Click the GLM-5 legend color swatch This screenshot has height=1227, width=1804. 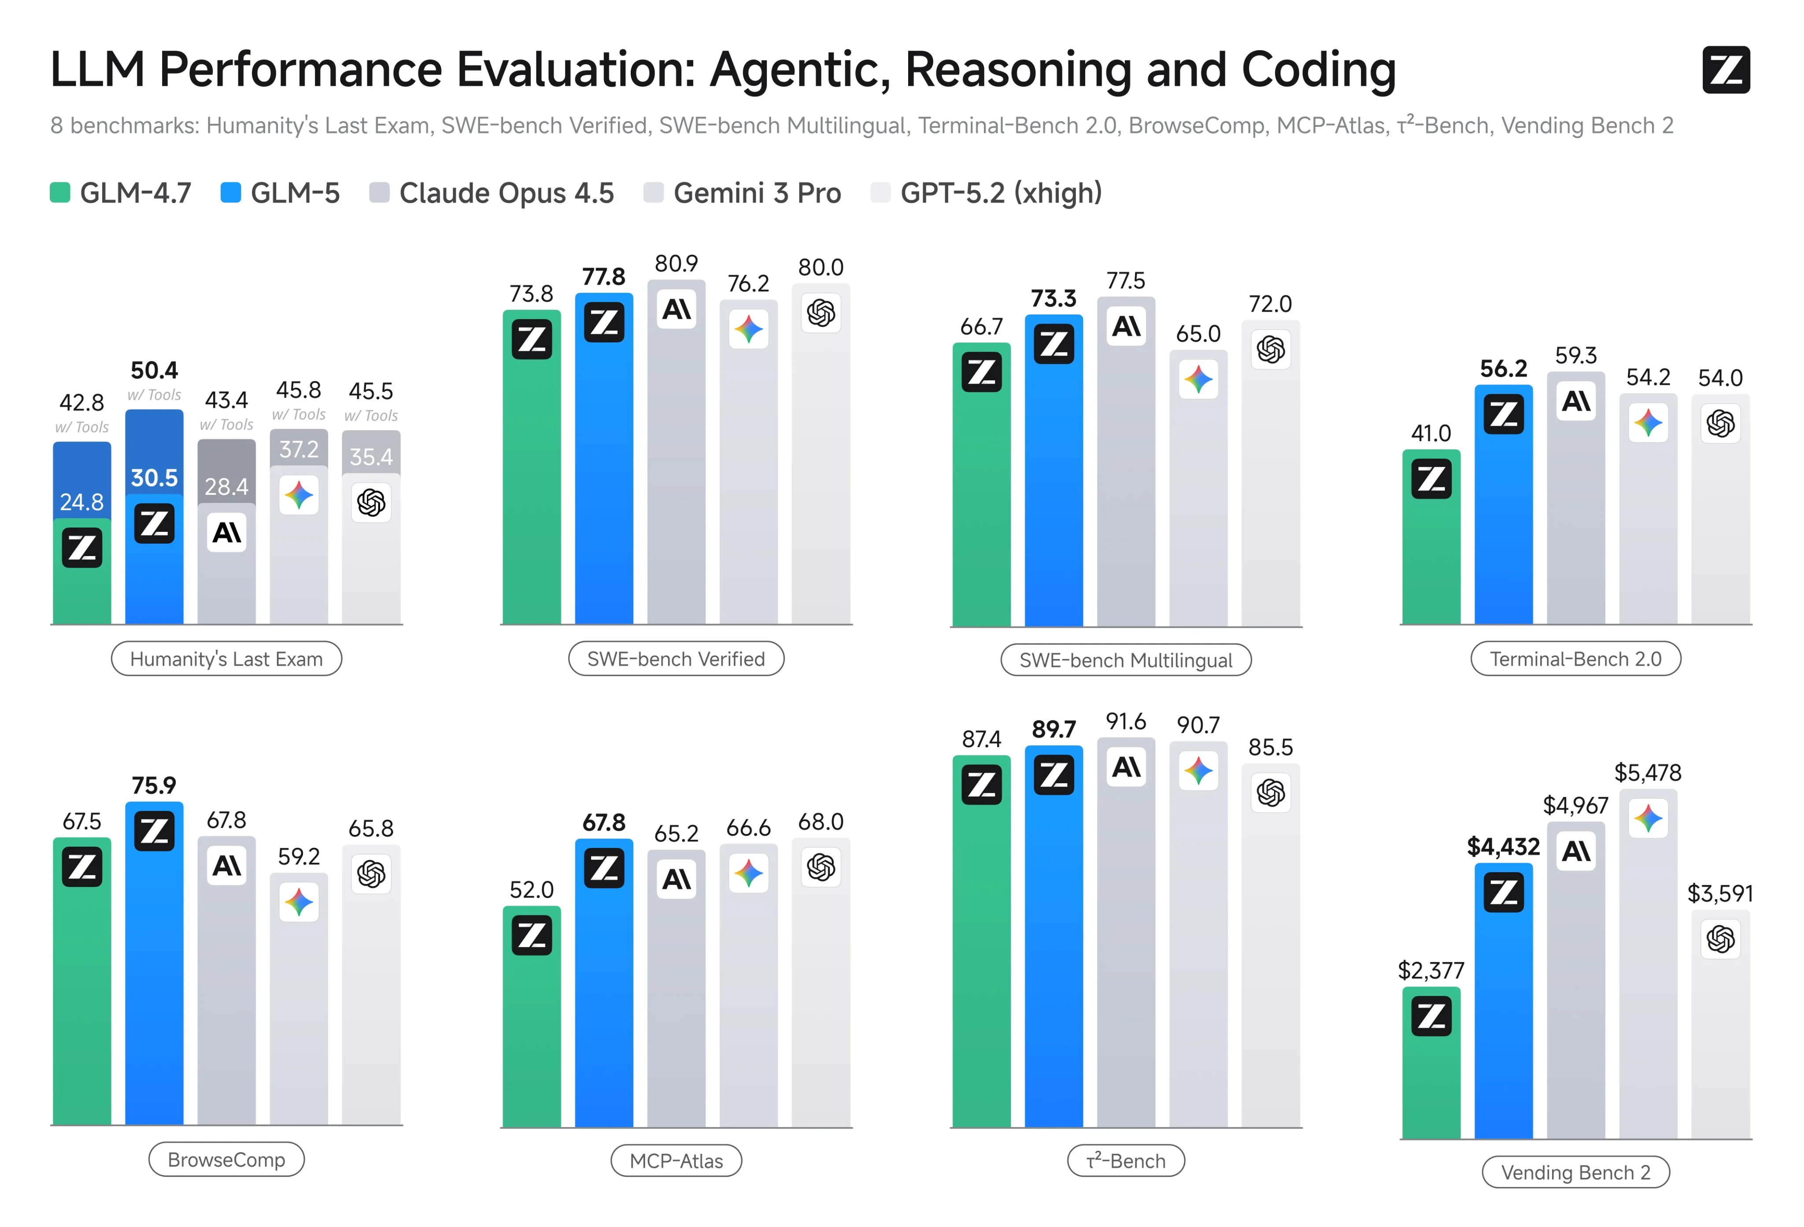coord(230,192)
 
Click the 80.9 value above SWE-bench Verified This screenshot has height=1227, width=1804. coord(676,264)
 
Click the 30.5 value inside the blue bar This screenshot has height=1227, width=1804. coord(154,478)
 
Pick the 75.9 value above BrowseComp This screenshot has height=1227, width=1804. coord(154,785)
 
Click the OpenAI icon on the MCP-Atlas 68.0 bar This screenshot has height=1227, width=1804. coord(821,867)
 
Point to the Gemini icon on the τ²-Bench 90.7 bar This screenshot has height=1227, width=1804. coord(1198,770)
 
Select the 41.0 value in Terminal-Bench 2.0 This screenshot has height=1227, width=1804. coord(1431,433)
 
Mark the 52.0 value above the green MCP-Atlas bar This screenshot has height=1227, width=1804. coord(531,889)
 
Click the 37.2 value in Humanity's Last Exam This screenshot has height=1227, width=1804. coord(299,450)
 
